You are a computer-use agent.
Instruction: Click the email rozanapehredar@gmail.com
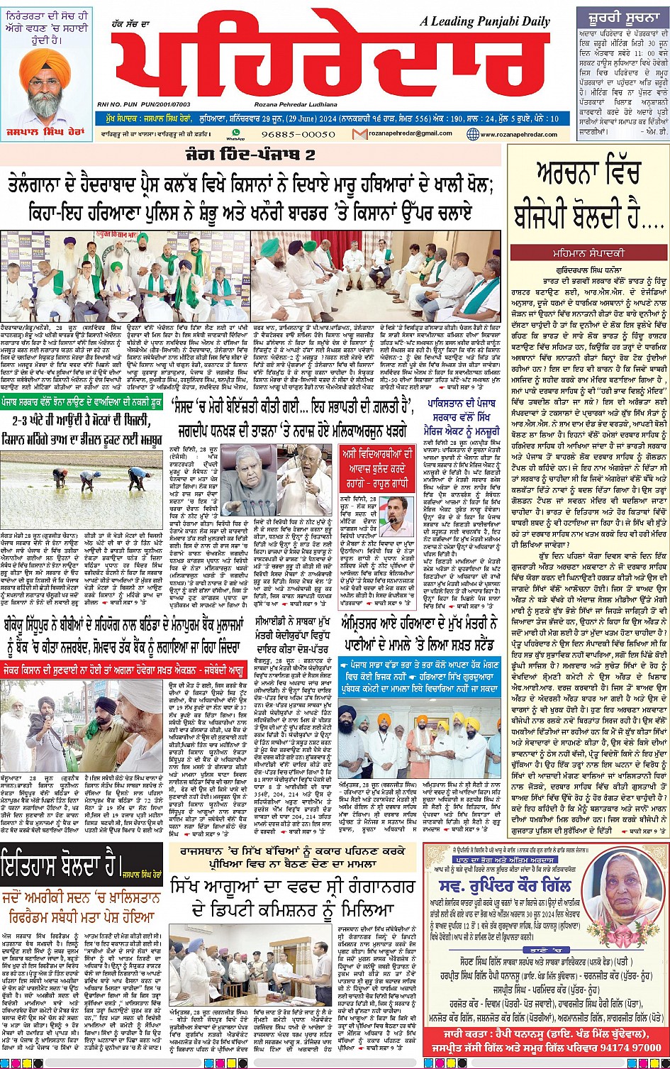point(414,133)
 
